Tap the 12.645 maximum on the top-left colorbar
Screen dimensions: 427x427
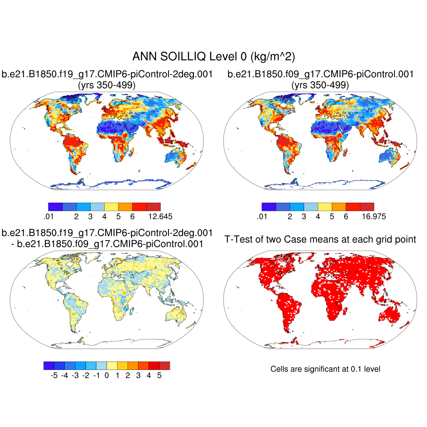coord(161,216)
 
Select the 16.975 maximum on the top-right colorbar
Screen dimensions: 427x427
coord(374,216)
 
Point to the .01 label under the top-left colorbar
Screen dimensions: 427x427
coord(48,216)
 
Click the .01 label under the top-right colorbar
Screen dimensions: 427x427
coord(262,216)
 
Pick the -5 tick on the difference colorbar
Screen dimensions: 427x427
coord(54,375)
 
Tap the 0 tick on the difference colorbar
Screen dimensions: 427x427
coord(107,375)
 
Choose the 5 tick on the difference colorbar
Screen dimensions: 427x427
coord(159,375)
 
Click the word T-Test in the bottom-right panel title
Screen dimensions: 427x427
coord(238,239)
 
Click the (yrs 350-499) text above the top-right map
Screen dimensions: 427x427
coord(320,85)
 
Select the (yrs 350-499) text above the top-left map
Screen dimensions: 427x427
coord(107,85)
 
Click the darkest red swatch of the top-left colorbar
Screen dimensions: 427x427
coord(153,206)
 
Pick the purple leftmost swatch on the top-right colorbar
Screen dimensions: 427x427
coord(269,206)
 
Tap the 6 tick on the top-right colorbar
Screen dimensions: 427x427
coord(346,216)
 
